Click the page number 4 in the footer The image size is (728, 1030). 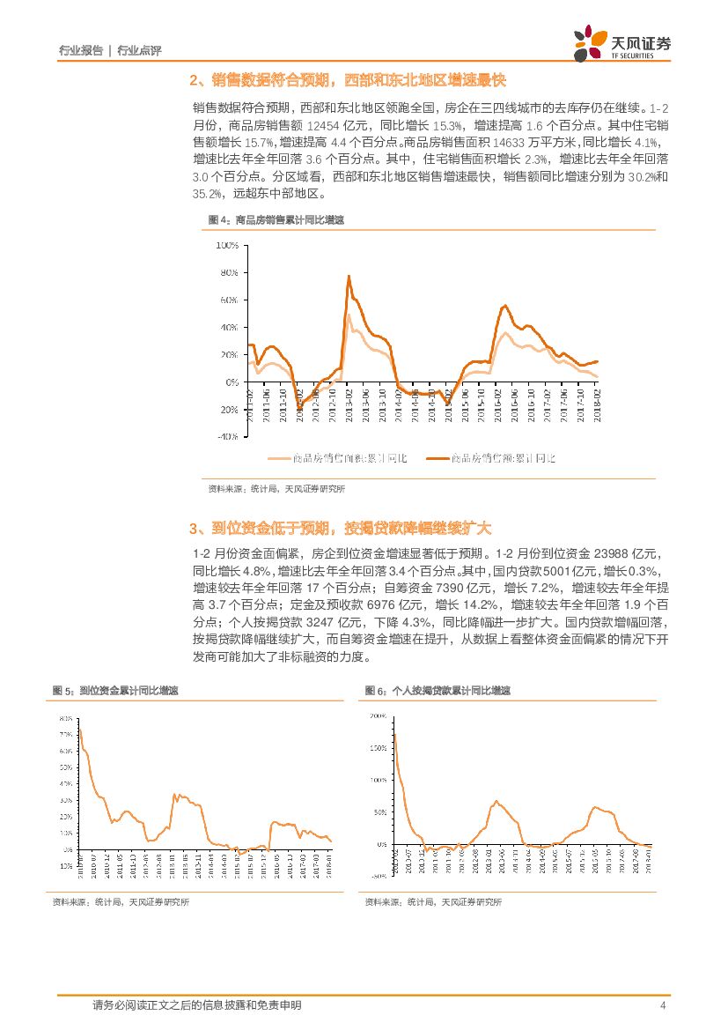tap(661, 1005)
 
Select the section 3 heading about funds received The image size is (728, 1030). tap(340, 529)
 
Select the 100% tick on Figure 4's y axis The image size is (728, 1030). tap(226, 245)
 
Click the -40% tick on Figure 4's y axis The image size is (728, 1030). tap(226, 437)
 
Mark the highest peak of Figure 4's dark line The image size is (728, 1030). tap(349, 276)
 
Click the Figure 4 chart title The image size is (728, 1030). tap(276, 220)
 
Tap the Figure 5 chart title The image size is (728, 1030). tap(116, 692)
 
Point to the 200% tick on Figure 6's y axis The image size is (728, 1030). tap(378, 716)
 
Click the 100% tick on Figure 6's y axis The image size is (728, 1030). tap(378, 781)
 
